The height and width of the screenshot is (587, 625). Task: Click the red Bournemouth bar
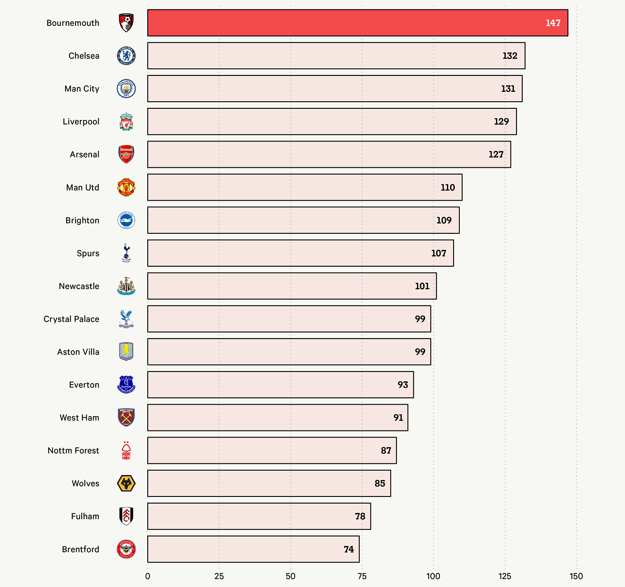click(x=358, y=23)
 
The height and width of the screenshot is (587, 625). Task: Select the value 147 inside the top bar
click(x=553, y=23)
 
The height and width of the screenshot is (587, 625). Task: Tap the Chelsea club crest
click(x=126, y=56)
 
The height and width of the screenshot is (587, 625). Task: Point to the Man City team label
click(x=82, y=89)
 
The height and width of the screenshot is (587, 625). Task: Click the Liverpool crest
click(x=126, y=121)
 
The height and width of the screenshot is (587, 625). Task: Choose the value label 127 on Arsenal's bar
click(x=496, y=154)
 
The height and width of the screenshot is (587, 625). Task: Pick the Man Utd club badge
click(x=126, y=187)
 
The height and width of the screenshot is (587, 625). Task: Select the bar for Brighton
click(x=304, y=220)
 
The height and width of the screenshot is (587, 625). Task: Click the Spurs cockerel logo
click(x=126, y=253)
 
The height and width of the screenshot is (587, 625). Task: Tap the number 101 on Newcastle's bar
click(x=422, y=286)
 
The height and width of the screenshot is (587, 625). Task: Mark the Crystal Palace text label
click(x=71, y=319)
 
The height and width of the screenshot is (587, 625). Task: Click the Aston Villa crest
click(x=126, y=351)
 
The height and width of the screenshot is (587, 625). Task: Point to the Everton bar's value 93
click(x=403, y=385)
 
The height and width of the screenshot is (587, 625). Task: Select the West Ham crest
click(x=126, y=418)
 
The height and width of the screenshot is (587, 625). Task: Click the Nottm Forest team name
click(x=73, y=451)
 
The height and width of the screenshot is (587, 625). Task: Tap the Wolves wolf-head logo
click(x=126, y=484)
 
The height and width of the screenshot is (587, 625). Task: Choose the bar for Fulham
click(x=259, y=516)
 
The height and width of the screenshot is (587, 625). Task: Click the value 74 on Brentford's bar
click(x=349, y=549)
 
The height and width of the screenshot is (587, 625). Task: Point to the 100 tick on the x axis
click(x=433, y=576)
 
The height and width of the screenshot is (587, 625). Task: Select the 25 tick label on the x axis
click(x=219, y=576)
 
